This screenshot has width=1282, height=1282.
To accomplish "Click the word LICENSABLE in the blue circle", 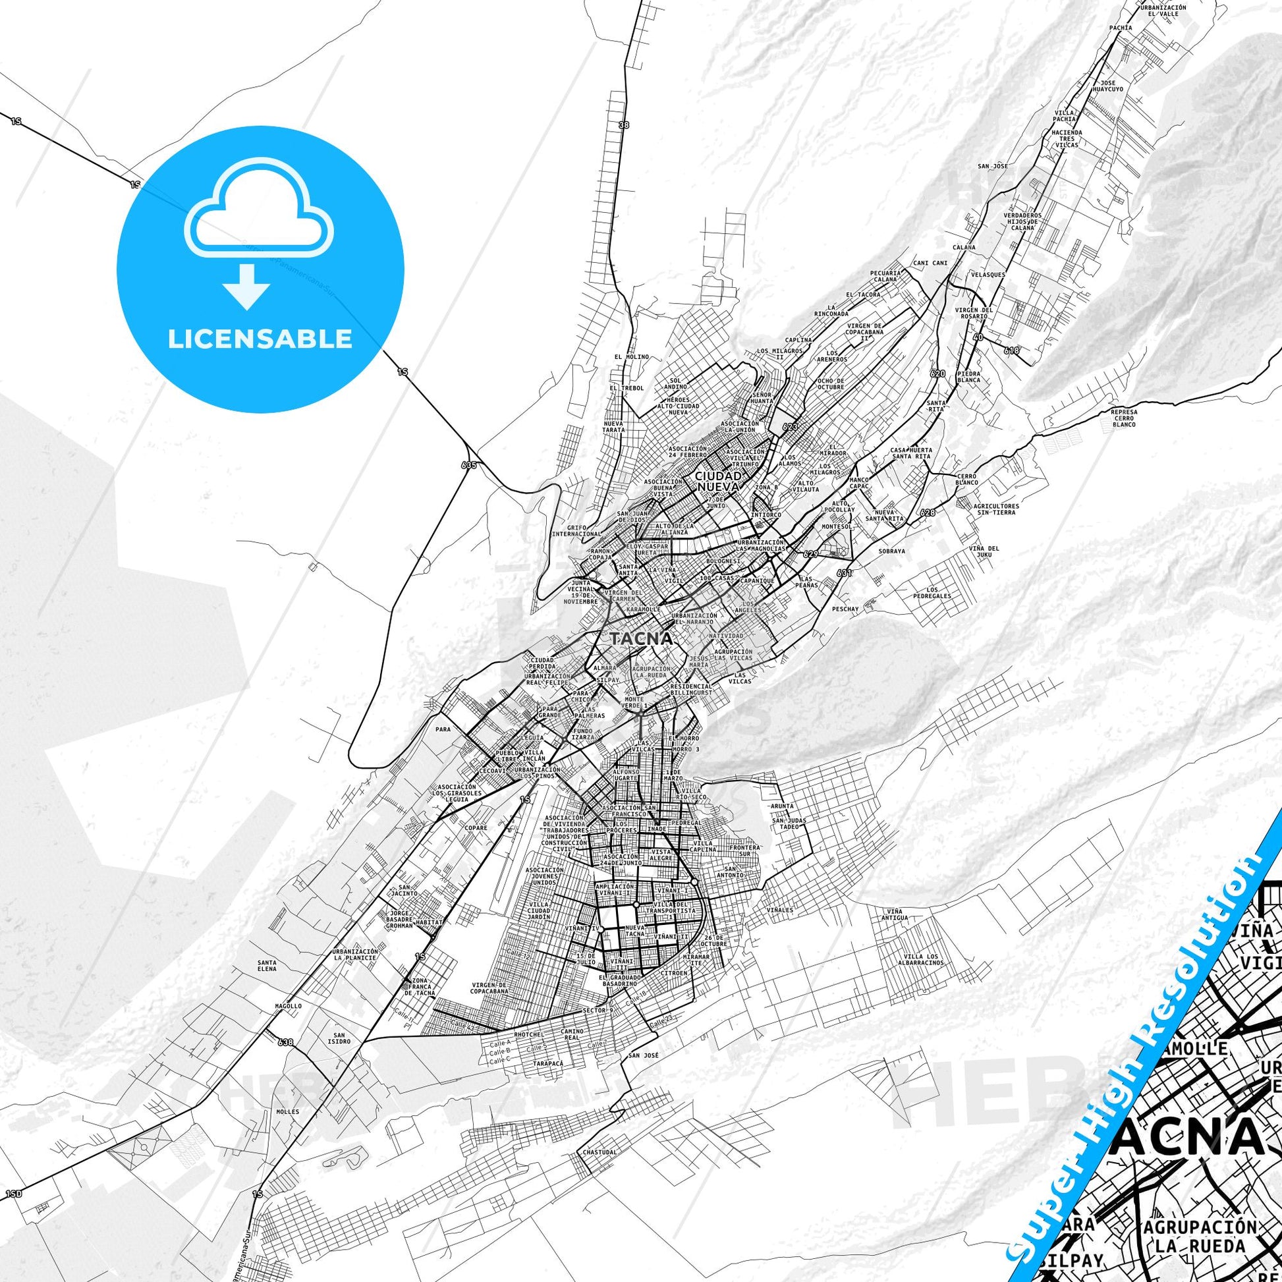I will coord(260,339).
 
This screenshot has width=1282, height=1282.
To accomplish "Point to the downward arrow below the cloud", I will coord(246,286).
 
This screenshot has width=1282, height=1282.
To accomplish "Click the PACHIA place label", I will coord(1120,28).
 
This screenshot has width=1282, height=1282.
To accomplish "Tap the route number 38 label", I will coord(623,125).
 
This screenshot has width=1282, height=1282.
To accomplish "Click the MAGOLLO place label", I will coord(289,1024).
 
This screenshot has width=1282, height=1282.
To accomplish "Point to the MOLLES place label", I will coord(289,1111).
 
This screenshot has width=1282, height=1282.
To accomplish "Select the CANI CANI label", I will coord(930,263).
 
